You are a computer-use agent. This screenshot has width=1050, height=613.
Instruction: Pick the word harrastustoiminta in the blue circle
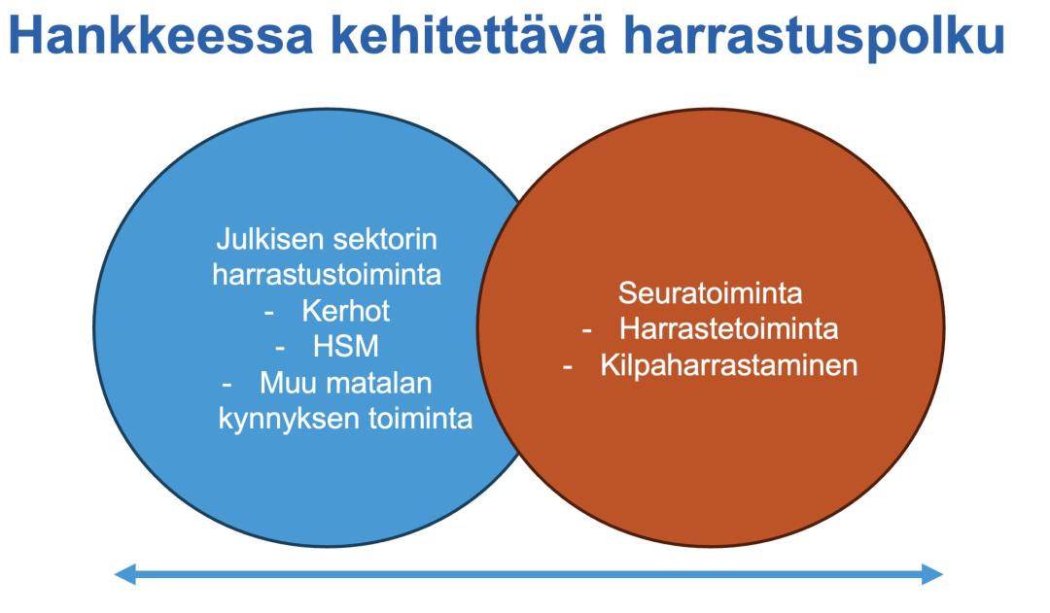coord(327,274)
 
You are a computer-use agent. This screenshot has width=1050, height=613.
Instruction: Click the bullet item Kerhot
coord(345,311)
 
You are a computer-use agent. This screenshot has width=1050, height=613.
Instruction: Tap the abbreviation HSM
coord(345,347)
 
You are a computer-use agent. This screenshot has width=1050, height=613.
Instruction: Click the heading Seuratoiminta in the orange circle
coord(710,293)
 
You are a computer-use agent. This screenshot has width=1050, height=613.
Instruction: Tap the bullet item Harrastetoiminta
coord(728,328)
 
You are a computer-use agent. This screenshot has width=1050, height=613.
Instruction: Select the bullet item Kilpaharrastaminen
coord(728,365)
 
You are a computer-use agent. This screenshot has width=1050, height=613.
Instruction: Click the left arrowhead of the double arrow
coord(124,573)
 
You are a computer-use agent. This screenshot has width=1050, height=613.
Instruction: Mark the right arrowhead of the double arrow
coord(932,573)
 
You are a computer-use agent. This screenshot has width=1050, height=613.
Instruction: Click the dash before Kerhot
coord(269,313)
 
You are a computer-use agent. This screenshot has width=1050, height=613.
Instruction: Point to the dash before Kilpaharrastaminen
coord(568,367)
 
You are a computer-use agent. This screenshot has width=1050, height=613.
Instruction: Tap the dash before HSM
coord(281,349)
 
